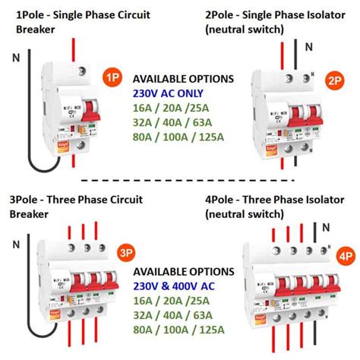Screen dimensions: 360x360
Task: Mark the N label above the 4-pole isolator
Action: pos(327,227)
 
